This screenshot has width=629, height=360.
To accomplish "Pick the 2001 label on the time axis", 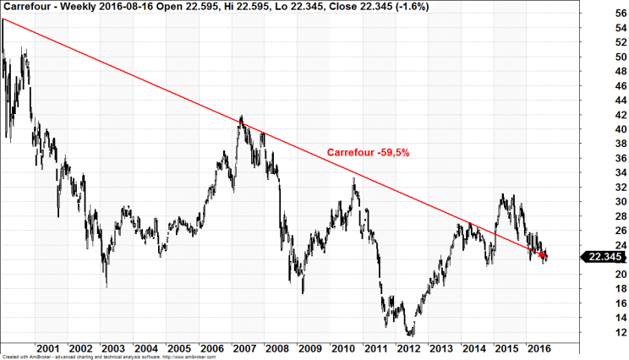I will coord(47,349).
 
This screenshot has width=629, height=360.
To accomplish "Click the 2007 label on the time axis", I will coord(243,349).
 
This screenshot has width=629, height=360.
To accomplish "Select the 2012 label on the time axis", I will coord(407,349).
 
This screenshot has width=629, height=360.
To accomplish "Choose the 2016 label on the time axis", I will coord(539,349).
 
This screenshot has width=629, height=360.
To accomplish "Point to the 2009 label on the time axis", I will coord(309,349).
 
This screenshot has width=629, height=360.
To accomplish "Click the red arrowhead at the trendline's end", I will coord(542,254).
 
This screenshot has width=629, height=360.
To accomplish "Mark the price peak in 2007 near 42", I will coord(242,117).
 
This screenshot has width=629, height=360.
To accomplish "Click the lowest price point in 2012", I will coord(410,335).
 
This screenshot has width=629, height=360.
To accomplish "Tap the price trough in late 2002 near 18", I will coord(107,286).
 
